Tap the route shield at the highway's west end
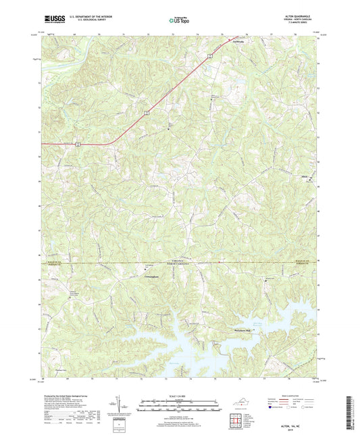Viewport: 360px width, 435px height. tap(80, 143)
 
